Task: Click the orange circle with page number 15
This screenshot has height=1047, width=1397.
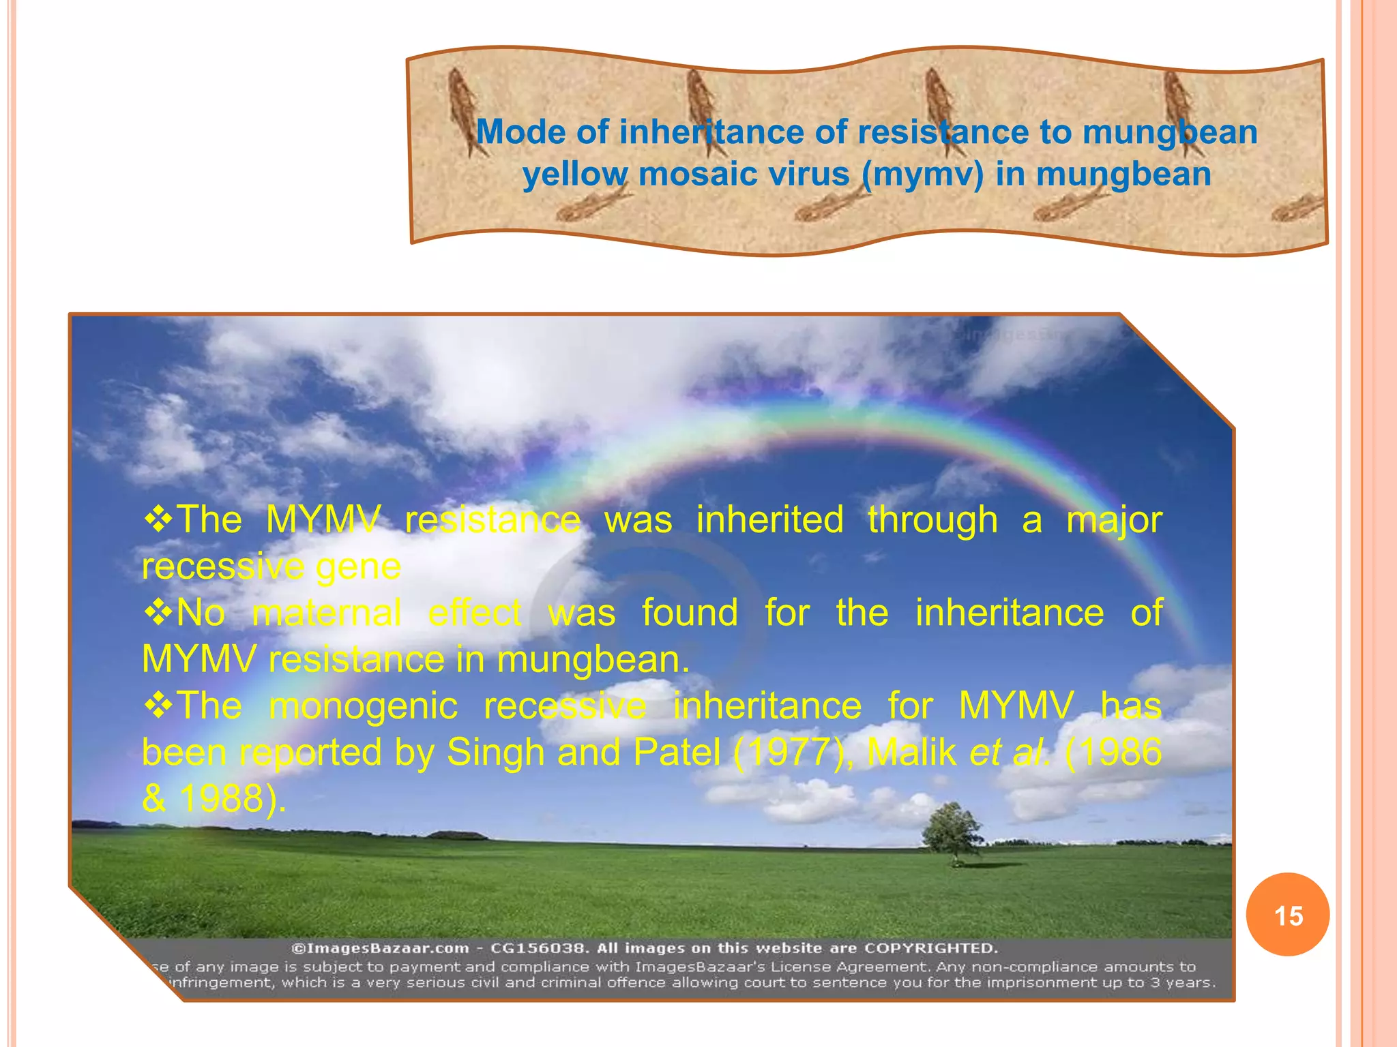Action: [x=1287, y=915]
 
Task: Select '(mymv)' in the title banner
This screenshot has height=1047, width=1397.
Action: [x=922, y=174]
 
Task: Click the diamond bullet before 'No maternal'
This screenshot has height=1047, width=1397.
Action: [x=158, y=612]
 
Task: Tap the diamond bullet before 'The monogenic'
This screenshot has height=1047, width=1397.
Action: [x=158, y=705]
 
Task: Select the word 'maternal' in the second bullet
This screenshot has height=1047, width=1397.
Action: [x=327, y=612]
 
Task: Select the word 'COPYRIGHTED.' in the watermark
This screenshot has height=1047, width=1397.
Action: [x=931, y=948]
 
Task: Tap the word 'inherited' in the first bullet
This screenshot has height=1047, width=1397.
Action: [x=770, y=519]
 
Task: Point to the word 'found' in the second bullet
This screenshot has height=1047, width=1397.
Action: [x=690, y=612]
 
